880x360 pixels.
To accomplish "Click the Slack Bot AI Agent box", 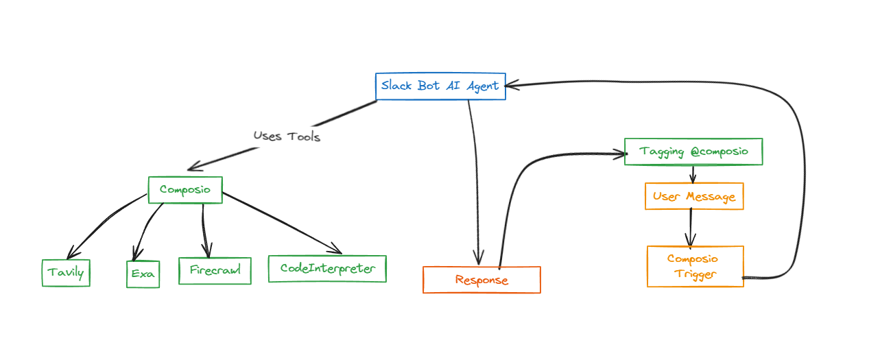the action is [440, 86].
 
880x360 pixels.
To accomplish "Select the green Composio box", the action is [185, 190].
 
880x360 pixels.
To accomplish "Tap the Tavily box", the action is [66, 273].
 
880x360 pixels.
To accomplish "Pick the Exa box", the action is [143, 274].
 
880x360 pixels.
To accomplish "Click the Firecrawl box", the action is [215, 270].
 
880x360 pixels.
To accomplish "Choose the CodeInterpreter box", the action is [327, 269].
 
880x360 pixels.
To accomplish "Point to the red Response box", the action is [481, 280].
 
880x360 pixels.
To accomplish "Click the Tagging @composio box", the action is [693, 152].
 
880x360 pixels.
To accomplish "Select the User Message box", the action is [694, 196].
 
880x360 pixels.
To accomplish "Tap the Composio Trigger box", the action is [695, 267].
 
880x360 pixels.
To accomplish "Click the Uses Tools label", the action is [287, 136].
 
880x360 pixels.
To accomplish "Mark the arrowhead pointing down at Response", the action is [479, 263].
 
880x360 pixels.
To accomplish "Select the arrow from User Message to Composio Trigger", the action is [691, 228].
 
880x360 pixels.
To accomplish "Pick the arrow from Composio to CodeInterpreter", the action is [282, 223].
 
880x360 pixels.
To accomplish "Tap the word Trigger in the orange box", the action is [695, 274].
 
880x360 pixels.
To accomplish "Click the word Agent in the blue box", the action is [482, 86].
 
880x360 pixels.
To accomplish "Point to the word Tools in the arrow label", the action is [304, 136].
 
